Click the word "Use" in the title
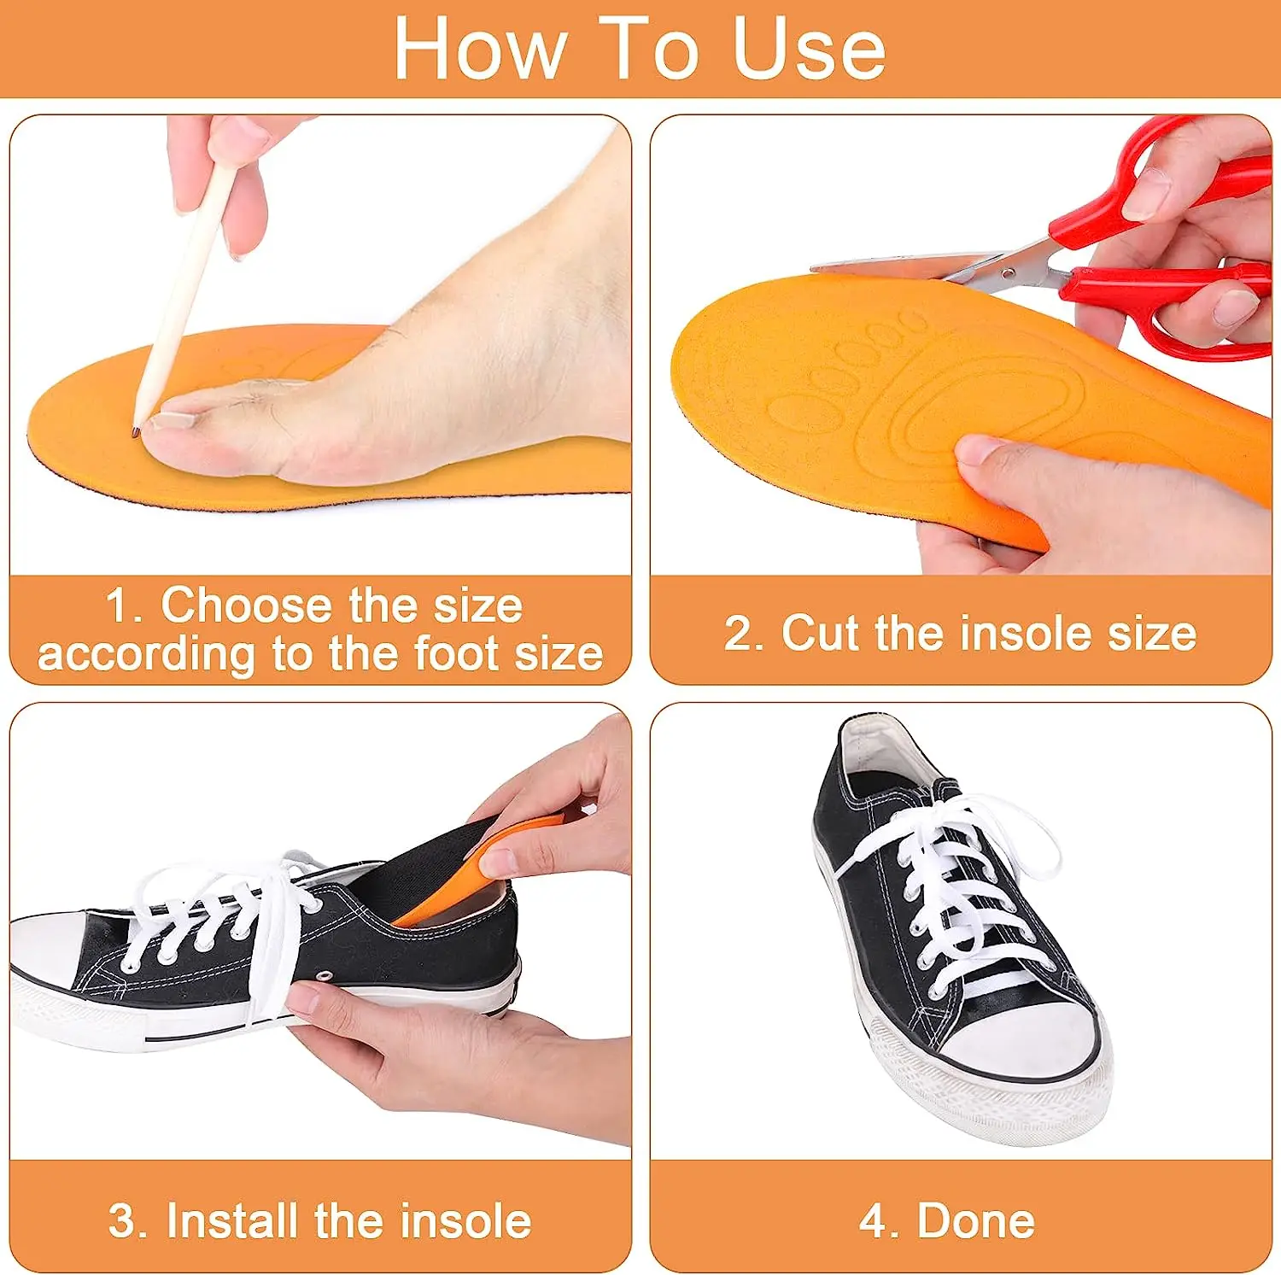click(809, 50)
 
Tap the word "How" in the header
click(480, 50)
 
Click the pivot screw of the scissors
click(1009, 273)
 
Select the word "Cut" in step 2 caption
click(820, 633)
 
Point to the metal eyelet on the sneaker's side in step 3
click(325, 974)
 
